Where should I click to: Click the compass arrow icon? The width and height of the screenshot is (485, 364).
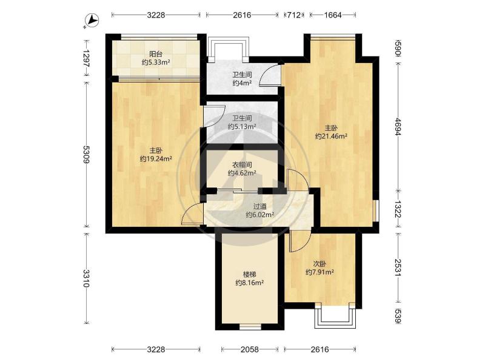92,21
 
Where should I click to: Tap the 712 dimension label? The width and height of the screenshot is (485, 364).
294,15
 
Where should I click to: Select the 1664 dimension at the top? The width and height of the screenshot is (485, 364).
332,15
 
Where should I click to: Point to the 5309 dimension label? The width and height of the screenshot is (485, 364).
86,155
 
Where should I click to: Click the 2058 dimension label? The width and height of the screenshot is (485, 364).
250,349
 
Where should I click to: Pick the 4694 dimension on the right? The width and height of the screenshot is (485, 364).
398,127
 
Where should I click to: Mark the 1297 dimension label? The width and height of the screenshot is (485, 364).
86,58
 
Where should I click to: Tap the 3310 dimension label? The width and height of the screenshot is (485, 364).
86,278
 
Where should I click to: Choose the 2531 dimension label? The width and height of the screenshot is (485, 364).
398,268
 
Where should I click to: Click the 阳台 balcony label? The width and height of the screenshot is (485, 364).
156,54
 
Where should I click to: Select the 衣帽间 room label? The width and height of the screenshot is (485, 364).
242,164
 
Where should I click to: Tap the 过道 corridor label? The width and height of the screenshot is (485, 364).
260,206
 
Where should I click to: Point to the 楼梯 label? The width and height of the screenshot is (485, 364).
249,274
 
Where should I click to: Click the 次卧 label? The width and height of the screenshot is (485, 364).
319,264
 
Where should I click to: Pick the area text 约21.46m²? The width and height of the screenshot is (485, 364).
331,136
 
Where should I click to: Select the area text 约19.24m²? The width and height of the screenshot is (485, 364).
156,159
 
